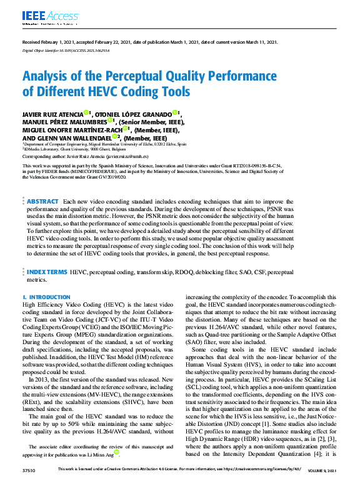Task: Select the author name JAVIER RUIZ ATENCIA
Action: coord(57,114)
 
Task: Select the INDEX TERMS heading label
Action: coord(47,272)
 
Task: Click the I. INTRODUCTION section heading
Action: coord(42,297)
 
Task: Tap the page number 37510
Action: coord(29,484)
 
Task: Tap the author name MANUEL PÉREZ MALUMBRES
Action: coord(63,122)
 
